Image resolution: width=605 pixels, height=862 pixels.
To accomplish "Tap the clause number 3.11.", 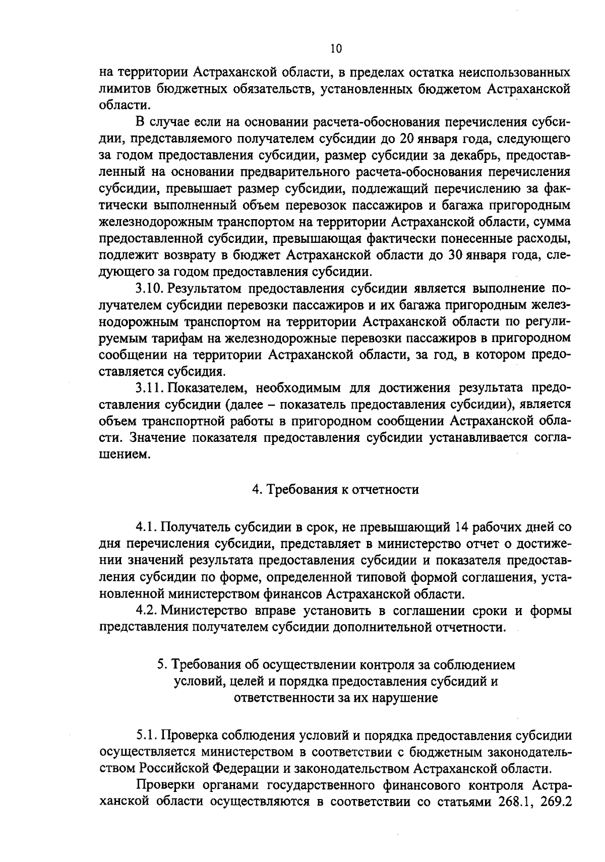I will (x=149, y=388).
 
